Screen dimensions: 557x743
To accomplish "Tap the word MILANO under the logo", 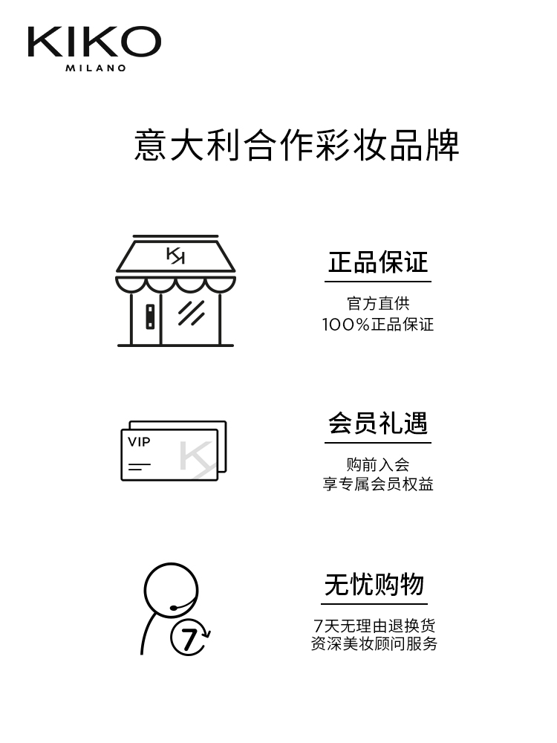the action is [94, 68].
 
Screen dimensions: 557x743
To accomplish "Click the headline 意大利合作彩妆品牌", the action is [296, 145].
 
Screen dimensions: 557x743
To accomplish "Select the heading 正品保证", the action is [378, 262].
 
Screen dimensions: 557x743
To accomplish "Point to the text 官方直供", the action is [378, 303].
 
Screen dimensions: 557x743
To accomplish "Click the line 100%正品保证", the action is [378, 325].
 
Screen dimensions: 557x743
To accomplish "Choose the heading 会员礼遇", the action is [378, 424].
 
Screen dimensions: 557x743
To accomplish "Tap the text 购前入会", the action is [378, 464].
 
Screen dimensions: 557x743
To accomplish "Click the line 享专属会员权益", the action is [378, 484].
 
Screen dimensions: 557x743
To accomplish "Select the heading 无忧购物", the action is [374, 585].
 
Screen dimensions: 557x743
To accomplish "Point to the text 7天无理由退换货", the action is [374, 625].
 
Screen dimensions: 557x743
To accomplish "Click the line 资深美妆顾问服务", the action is [374, 644].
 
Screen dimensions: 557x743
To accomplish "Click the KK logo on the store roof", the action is [175, 256].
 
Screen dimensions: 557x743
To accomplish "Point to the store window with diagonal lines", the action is [191, 314].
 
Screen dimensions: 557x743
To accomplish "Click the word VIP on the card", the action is [139, 442].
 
